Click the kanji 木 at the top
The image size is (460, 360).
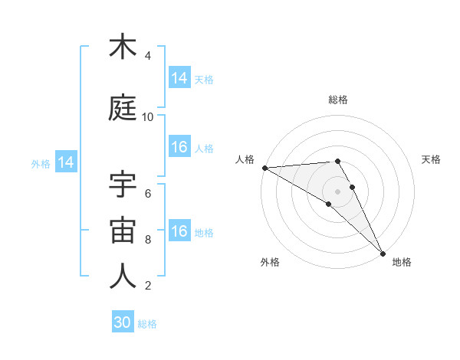click(x=123, y=47)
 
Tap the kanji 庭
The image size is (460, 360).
click(x=123, y=108)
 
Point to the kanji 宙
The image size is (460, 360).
click(x=123, y=231)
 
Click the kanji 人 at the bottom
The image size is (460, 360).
click(x=123, y=277)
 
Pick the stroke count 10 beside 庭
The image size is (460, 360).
click(x=148, y=117)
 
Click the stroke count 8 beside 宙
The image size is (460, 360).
click(x=148, y=240)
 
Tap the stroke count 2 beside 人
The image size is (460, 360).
click(x=148, y=286)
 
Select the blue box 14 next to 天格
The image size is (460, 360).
click(x=179, y=78)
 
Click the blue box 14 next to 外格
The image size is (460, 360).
click(x=65, y=162)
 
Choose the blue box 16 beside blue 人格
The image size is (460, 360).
click(x=179, y=148)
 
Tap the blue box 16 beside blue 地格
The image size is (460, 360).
click(x=179, y=232)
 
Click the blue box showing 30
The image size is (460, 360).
click(x=123, y=323)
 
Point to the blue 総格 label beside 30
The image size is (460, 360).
click(x=147, y=324)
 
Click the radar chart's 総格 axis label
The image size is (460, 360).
click(x=337, y=100)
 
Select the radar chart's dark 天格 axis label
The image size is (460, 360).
click(x=432, y=159)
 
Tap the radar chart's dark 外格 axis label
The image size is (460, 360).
click(x=270, y=262)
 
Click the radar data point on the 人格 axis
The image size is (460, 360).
click(x=264, y=168)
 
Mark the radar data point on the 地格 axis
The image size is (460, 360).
click(x=383, y=253)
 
